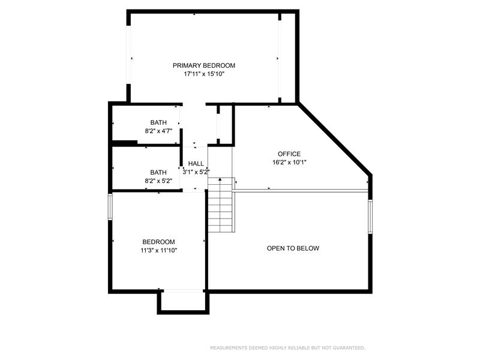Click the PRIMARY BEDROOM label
pos(204,65)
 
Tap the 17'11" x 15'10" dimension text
pos(204,74)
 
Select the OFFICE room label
pos(289,154)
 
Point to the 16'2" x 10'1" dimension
pos(289,162)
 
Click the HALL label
pos(196,163)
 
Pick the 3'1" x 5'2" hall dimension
pos(196,172)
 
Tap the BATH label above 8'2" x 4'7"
pos(158,122)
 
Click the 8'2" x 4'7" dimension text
pos(158,131)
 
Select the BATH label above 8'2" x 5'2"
pos(158,172)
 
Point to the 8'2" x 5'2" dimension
pos(158,181)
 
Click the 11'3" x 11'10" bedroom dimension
pos(159,250)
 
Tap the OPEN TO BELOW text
pos(293,248)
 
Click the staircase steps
pos(221,205)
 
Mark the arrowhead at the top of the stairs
pos(220,179)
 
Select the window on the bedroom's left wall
pos(110,206)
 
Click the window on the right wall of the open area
pos(370,217)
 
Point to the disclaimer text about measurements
pos(287,348)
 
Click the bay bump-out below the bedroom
pos(184,302)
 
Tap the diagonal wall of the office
pos(335,139)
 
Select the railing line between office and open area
pos(302,191)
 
